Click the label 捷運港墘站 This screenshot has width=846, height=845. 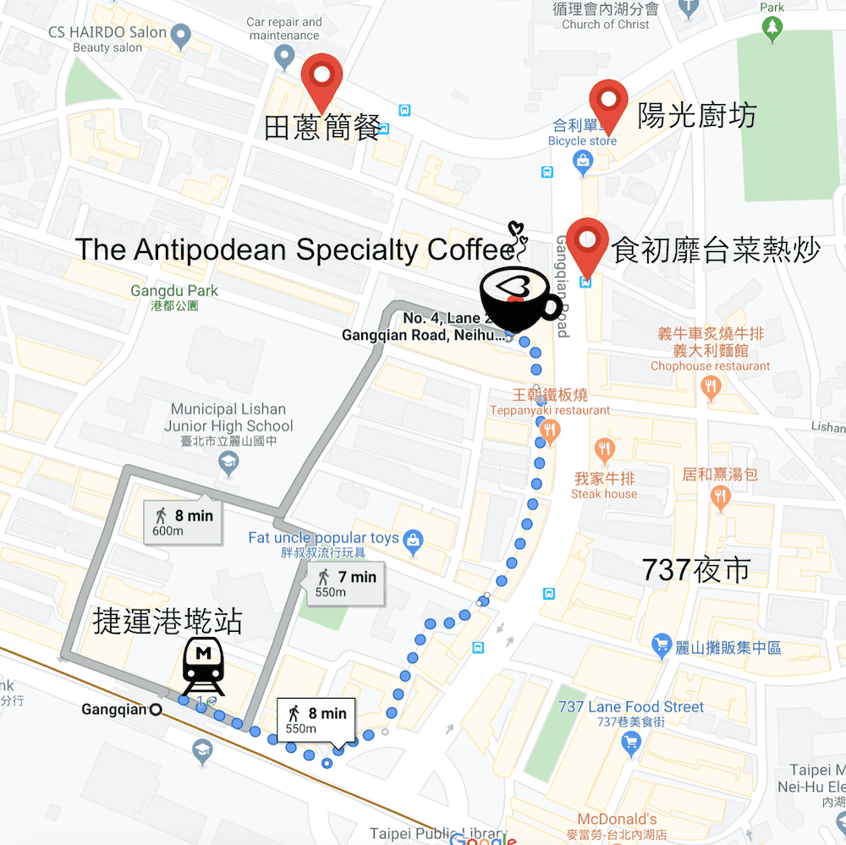168,622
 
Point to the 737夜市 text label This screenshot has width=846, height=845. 696,570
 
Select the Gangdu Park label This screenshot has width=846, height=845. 174,291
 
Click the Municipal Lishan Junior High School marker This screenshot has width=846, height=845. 228,463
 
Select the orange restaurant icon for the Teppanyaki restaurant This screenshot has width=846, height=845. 550,432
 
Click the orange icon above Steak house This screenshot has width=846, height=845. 604,451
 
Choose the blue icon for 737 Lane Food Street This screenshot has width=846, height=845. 630,743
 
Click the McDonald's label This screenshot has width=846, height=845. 617,819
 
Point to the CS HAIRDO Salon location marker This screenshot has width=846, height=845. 179,35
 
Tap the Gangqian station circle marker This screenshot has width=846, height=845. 156,710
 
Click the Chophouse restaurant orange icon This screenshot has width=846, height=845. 711,387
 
